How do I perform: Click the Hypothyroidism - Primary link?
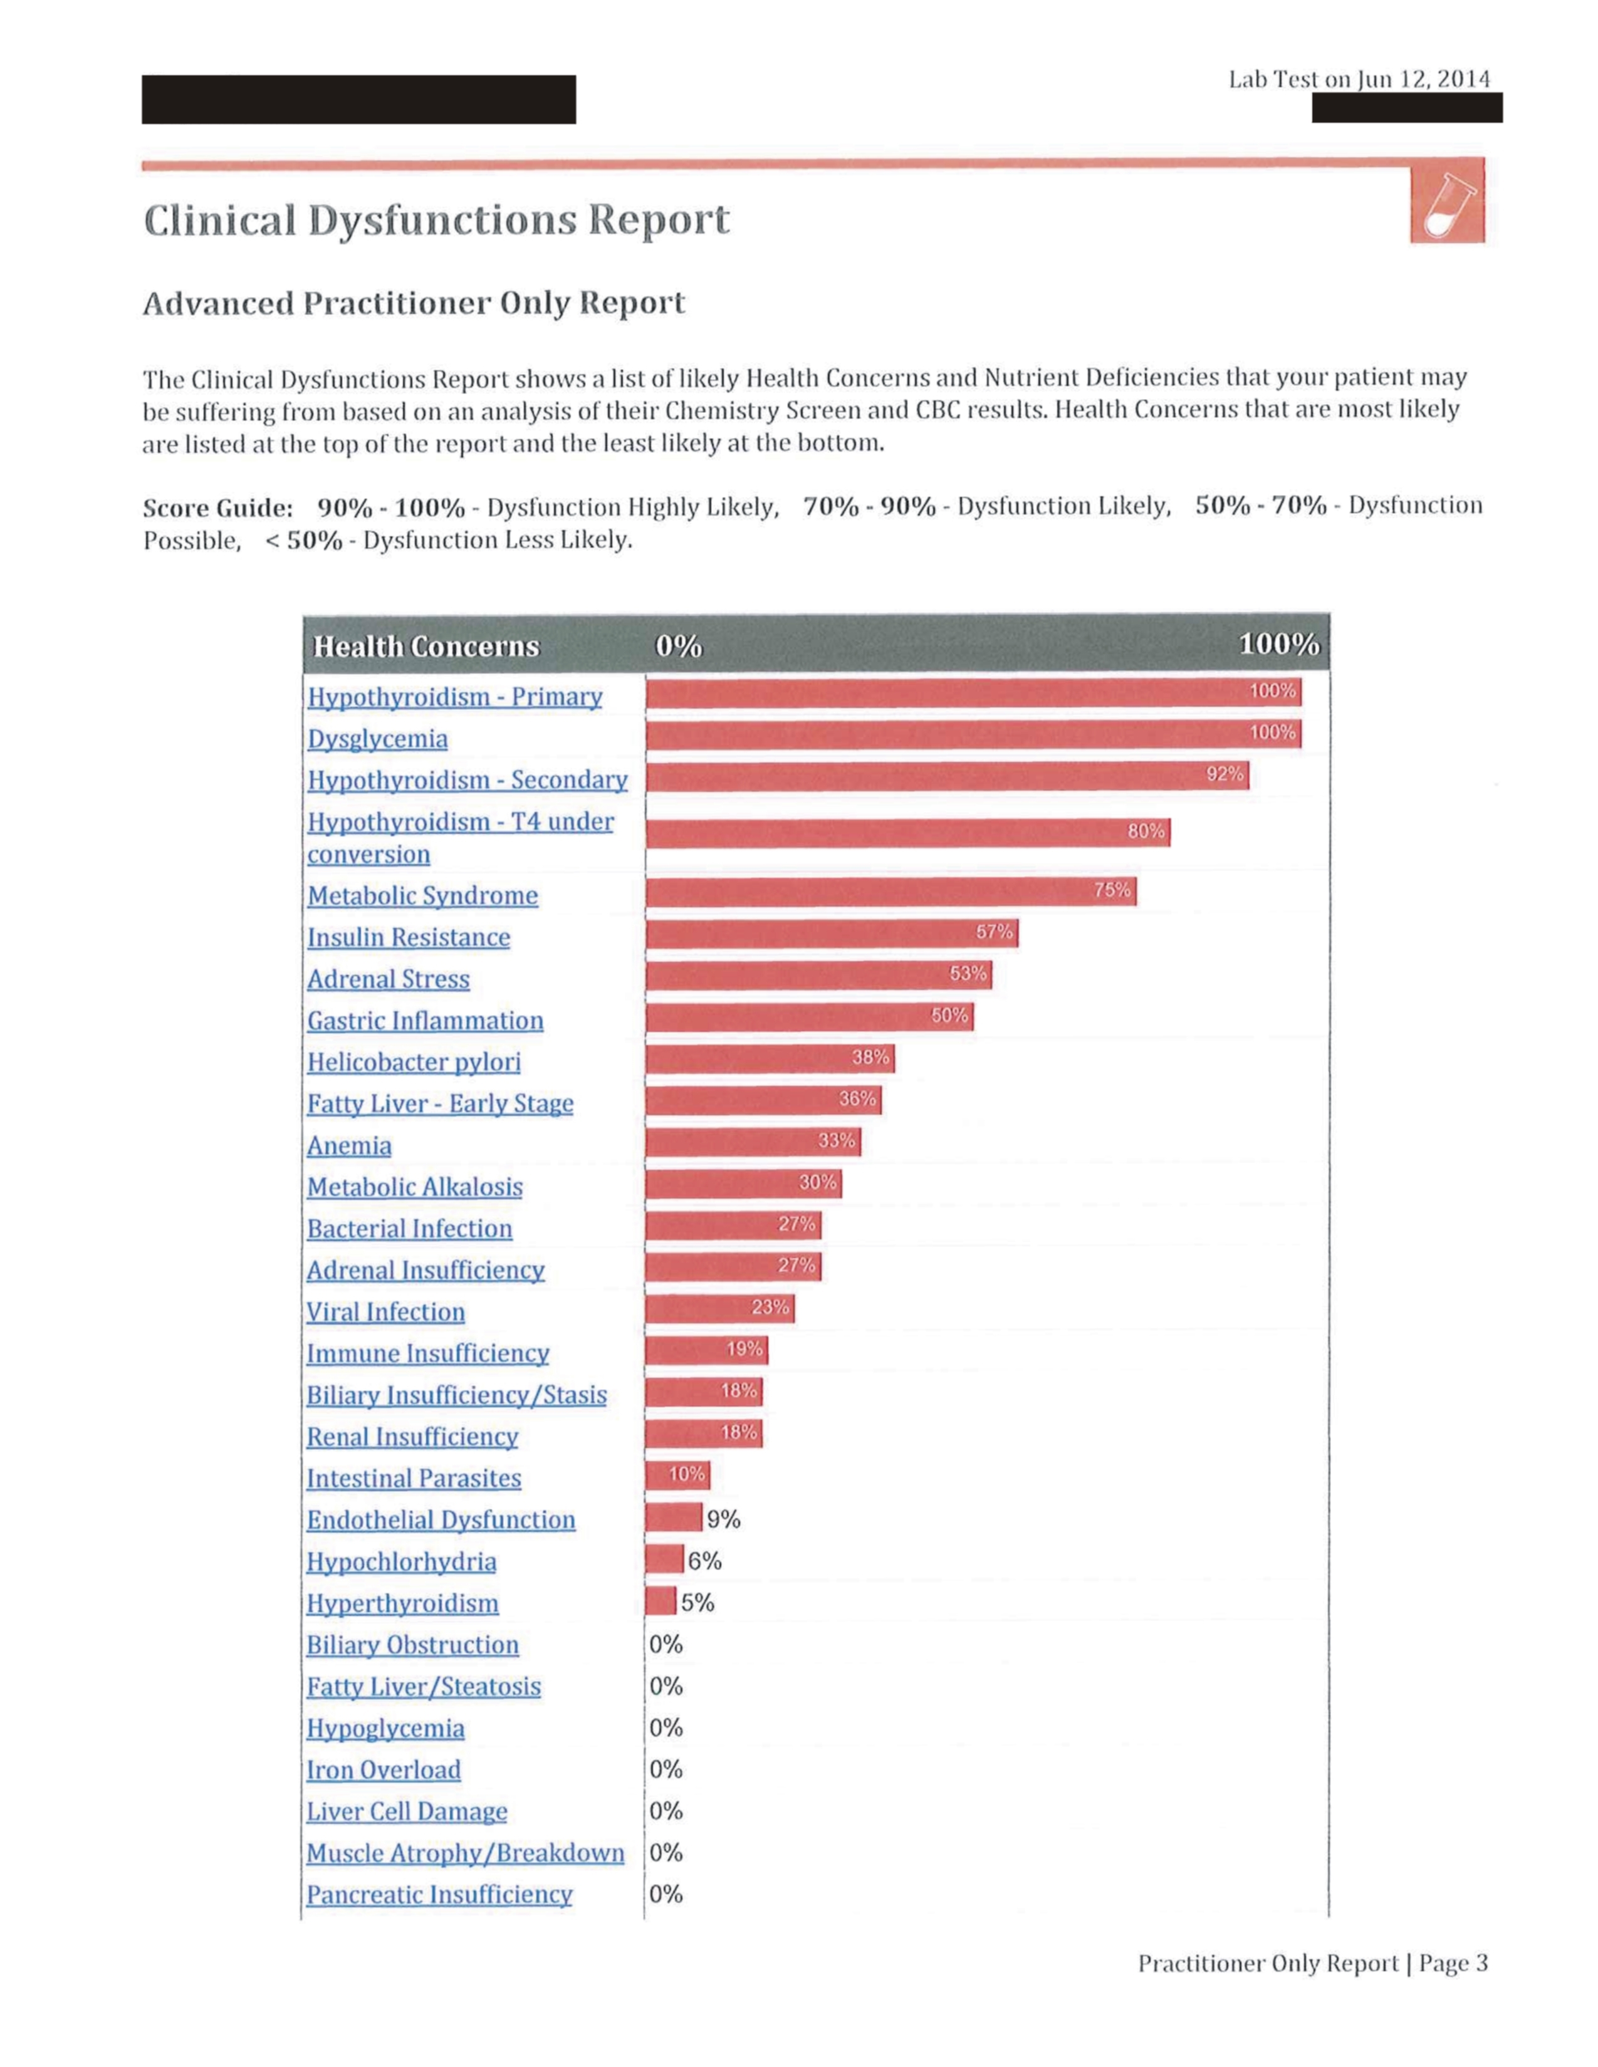point(454,697)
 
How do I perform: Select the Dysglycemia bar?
point(973,734)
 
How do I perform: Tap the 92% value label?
point(1224,774)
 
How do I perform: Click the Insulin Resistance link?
point(408,937)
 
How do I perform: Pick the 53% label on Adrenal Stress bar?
point(968,973)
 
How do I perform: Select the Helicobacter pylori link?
point(414,1062)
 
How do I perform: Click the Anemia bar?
point(753,1142)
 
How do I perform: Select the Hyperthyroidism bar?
point(661,1601)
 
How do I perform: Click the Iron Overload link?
point(384,1770)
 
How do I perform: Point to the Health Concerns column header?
point(426,647)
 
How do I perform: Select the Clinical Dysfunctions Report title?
point(436,221)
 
